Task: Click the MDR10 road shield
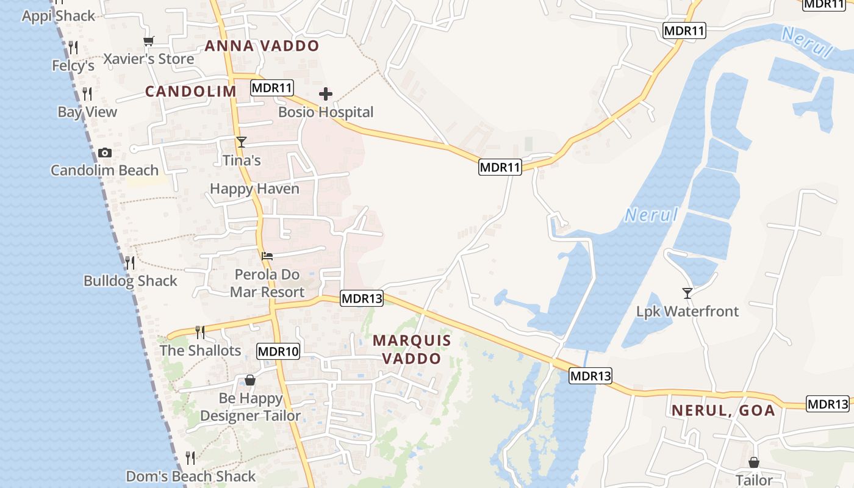(x=278, y=351)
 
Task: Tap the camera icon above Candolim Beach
(x=105, y=152)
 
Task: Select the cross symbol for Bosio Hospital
(x=326, y=94)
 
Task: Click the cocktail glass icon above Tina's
(x=242, y=142)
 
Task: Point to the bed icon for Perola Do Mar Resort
(x=267, y=256)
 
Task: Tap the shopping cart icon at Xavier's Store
(x=149, y=41)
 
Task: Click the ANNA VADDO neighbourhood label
(x=262, y=46)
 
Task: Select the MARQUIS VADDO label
(x=412, y=350)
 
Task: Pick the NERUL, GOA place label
(x=723, y=411)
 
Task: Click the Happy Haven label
(x=254, y=188)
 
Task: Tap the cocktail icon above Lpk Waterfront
(x=687, y=293)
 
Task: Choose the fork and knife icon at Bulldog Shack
(x=130, y=263)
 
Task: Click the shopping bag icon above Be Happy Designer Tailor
(x=249, y=380)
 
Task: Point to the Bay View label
(x=87, y=112)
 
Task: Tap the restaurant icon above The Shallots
(x=199, y=332)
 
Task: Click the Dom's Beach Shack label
(x=190, y=476)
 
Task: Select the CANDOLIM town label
(x=190, y=91)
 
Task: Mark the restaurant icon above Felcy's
(x=73, y=47)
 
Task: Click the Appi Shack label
(x=59, y=16)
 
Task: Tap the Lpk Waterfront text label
(x=687, y=311)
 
